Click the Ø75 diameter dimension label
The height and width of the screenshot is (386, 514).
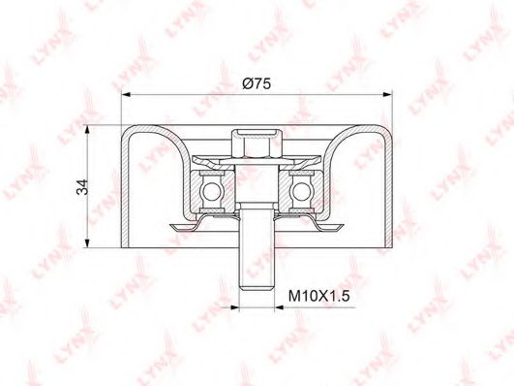[x=257, y=84]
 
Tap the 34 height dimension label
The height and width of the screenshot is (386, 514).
[x=82, y=187]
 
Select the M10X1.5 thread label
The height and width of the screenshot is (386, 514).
[x=319, y=297]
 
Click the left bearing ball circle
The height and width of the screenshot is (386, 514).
[x=212, y=191]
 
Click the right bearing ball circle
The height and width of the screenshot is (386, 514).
[x=301, y=191]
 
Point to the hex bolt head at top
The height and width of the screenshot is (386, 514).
[x=257, y=144]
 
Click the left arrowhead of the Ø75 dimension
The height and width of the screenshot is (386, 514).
[x=126, y=95]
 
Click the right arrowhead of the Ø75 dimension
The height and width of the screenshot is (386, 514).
[x=388, y=95]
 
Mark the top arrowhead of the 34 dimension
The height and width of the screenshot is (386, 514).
[x=87, y=130]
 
